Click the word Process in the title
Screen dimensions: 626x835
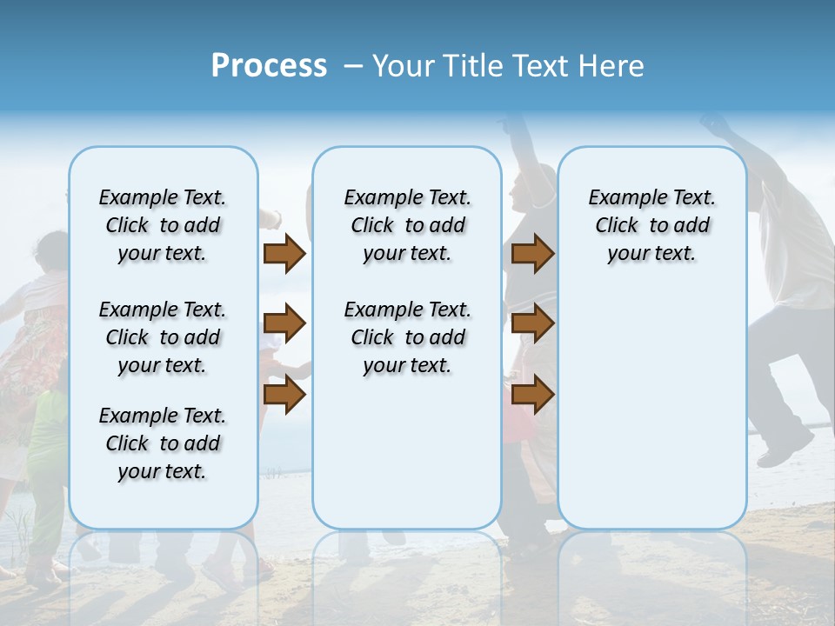(x=269, y=65)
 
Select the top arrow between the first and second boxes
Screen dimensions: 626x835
(x=284, y=254)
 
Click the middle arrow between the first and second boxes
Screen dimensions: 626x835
(x=284, y=324)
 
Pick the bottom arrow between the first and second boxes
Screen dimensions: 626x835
(x=284, y=395)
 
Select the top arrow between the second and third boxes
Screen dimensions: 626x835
(x=532, y=254)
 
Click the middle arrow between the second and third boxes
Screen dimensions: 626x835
(x=532, y=324)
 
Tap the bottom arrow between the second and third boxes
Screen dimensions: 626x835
(x=532, y=395)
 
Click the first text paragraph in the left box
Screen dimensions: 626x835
(x=163, y=225)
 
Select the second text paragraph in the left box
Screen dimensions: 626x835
(x=163, y=337)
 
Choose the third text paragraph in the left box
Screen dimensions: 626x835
(x=163, y=443)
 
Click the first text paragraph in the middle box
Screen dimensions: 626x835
(x=407, y=225)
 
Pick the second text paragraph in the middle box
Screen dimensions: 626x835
(x=407, y=337)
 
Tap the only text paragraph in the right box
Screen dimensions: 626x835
(x=651, y=225)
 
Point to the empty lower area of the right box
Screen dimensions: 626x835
(x=651, y=409)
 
